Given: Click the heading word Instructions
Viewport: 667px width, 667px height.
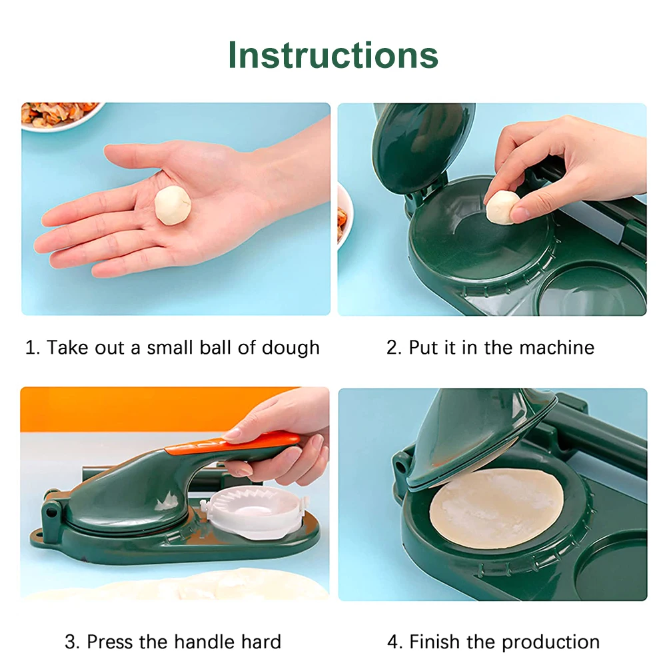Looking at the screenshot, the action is click(x=333, y=55).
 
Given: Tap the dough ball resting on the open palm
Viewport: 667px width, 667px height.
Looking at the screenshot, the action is click(x=173, y=205).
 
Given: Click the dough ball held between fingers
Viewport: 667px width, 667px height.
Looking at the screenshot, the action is click(x=502, y=207).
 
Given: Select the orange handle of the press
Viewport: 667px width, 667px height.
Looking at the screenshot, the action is click(x=232, y=442).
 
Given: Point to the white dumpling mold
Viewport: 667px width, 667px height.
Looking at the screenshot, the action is click(x=254, y=512).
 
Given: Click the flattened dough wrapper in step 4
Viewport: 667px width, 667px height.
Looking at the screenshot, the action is click(x=496, y=508).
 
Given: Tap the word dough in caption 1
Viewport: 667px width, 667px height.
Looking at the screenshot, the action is click(x=291, y=348).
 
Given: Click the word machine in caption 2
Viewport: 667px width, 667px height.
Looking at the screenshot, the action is click(x=556, y=348).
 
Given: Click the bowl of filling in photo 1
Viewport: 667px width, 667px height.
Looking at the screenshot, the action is click(x=59, y=115).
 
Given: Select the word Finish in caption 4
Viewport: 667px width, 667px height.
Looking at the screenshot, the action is click(x=434, y=642).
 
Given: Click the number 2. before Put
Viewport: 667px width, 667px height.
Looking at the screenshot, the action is click(x=394, y=348).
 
